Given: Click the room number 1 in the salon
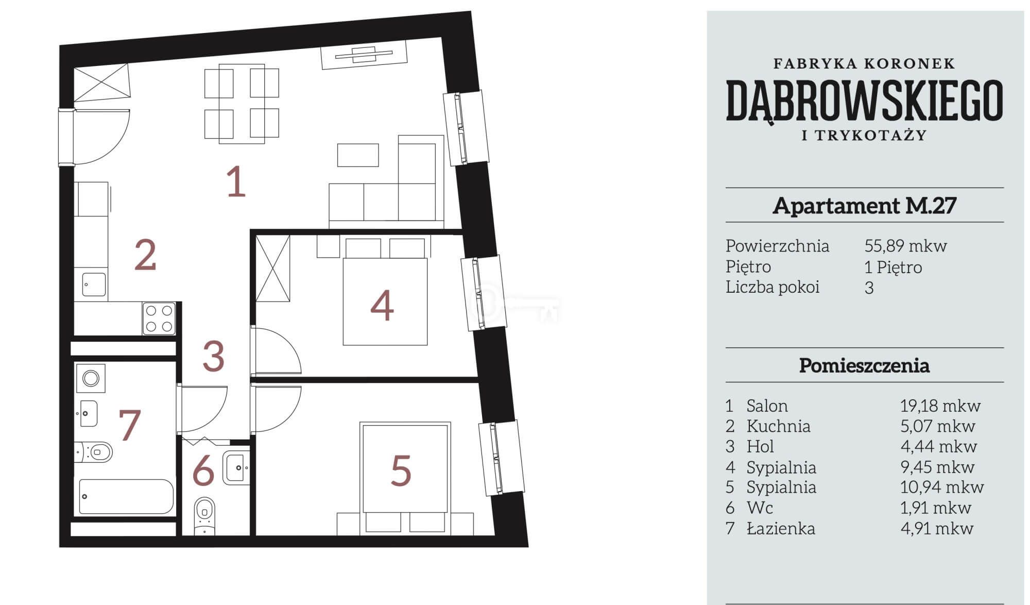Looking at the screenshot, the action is (x=236, y=181).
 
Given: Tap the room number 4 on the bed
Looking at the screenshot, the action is (x=382, y=306).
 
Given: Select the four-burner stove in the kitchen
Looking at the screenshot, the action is (x=159, y=318).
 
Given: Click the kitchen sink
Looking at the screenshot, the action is (x=94, y=284).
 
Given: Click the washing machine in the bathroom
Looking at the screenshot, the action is (x=91, y=378).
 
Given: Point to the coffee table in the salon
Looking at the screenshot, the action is (x=358, y=155).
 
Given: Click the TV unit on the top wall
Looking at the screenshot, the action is (x=364, y=55).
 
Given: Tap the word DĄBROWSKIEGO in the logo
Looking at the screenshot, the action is (x=864, y=100).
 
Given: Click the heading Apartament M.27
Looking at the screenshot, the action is (x=864, y=206).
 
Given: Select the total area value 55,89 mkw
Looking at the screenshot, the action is (x=905, y=246).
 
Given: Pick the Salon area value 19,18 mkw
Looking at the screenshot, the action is (x=940, y=406).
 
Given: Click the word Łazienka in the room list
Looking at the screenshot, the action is (x=781, y=528).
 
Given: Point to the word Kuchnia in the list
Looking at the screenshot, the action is (x=778, y=426).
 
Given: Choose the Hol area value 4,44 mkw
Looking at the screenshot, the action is (x=938, y=447).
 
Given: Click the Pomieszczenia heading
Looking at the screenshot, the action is (x=864, y=366).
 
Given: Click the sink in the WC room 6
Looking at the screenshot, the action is (x=236, y=467).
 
